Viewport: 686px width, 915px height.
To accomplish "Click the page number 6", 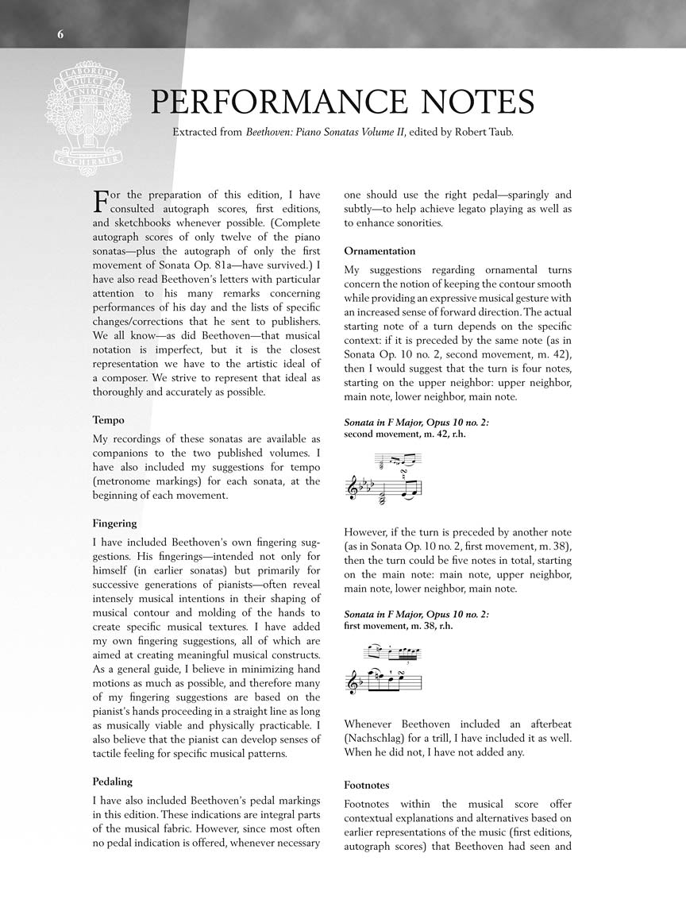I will tap(60, 33).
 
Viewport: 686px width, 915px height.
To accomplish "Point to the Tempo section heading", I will tap(108, 420).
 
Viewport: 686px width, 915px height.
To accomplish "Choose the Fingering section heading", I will tap(114, 523).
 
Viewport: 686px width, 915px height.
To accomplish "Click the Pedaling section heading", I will tap(113, 782).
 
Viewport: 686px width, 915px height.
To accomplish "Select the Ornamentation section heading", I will tap(380, 251).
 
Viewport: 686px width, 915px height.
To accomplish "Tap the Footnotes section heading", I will tap(367, 785).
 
